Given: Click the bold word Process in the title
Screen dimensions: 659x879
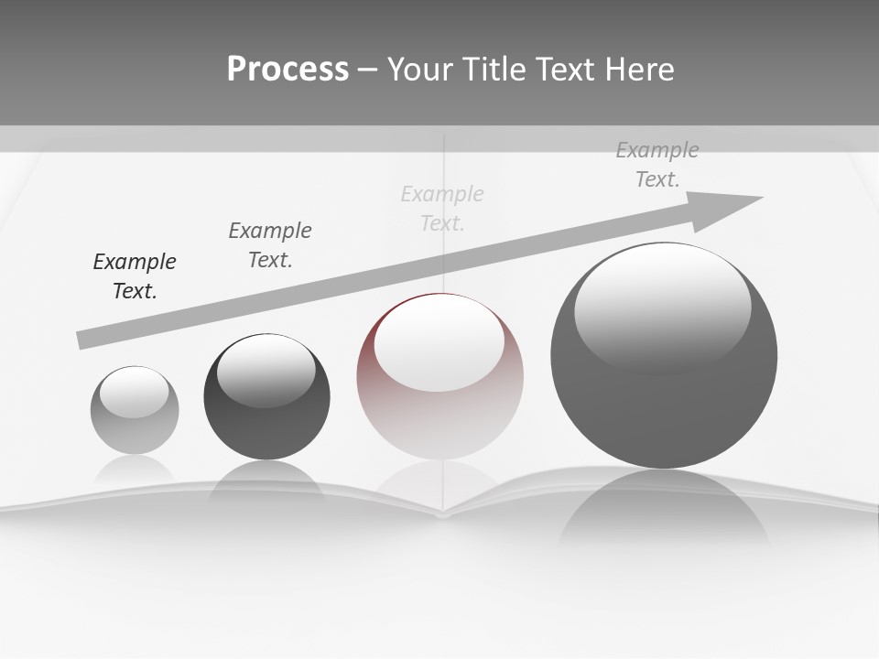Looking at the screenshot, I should point(288,70).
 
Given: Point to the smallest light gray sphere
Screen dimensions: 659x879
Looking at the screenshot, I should point(135,411).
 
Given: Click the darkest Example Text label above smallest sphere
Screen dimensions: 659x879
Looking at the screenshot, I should point(135,276).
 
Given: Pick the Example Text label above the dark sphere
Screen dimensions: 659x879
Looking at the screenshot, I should point(270,244).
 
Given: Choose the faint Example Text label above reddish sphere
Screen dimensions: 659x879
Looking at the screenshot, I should point(442,208).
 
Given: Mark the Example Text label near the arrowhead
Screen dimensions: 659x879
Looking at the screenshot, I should point(657,165).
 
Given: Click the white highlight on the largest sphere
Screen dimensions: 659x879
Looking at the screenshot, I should point(662,307).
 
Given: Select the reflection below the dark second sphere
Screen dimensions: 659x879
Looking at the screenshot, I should point(266,481).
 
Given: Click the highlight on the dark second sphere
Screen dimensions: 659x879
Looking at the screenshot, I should point(266,371).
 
